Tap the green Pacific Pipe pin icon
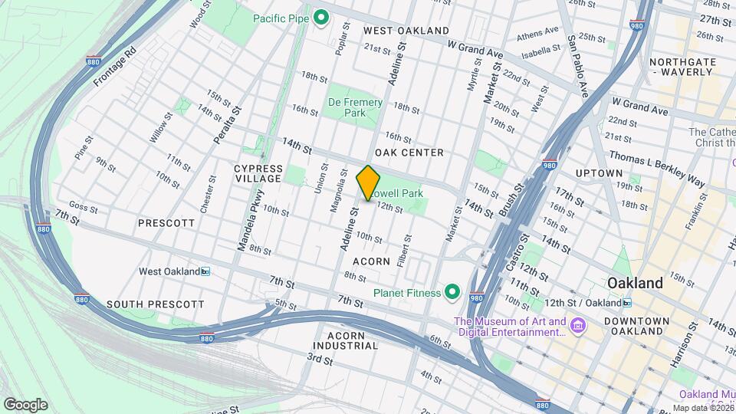[322, 17]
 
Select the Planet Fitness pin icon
[452, 292]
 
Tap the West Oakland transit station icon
[205, 271]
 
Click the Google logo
[25, 404]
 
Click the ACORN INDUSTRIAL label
[352, 340]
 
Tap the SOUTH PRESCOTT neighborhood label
[156, 304]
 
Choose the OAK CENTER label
[414, 153]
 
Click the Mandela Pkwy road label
[250, 221]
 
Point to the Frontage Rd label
[115, 66]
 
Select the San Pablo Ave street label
[578, 66]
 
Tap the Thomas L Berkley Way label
[656, 167]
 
